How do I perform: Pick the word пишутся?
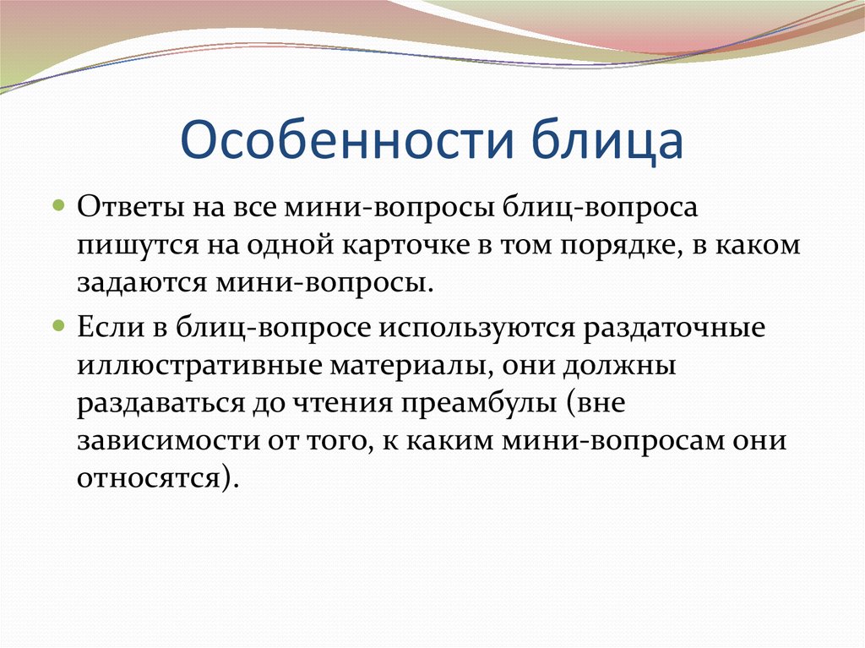coord(129,245)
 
